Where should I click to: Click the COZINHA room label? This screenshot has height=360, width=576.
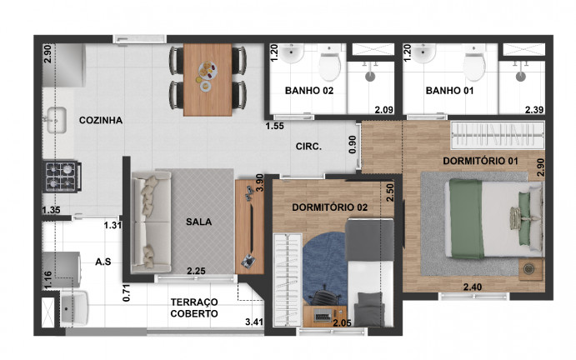101,120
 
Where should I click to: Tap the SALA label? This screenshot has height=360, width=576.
198,222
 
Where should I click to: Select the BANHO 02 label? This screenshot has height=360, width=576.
309,90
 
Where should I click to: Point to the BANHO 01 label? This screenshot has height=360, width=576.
449,90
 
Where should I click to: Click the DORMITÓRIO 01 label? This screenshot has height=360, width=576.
480,161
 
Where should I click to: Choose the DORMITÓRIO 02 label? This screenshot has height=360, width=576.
329,207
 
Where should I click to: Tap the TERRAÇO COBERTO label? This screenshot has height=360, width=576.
194,307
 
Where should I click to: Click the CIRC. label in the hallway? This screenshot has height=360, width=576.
308,147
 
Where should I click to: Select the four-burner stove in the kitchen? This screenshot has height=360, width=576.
62,177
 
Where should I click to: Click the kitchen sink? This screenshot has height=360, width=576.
56,120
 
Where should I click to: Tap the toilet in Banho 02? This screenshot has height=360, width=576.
329,66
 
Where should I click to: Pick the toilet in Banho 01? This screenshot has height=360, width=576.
473,66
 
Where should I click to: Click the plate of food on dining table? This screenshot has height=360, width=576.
208,70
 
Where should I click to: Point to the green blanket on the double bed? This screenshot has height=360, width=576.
467,219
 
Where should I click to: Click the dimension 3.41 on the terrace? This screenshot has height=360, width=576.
254,322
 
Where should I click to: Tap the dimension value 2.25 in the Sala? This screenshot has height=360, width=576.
196,271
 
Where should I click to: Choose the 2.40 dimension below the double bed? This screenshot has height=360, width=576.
473,287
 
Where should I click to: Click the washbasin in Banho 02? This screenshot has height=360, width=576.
291,53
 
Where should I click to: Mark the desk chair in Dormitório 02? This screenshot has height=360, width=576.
324,295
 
